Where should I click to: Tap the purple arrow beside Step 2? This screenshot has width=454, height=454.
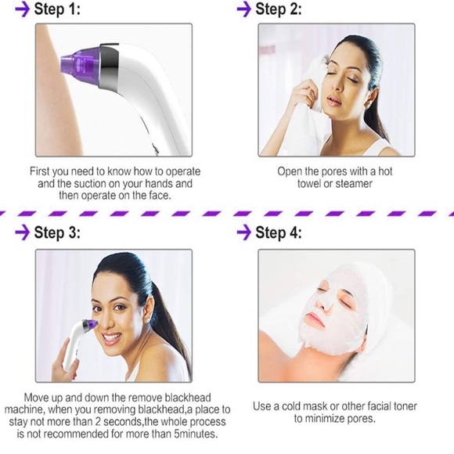pyautogui.click(x=243, y=10)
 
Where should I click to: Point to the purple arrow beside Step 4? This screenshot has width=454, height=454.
pyautogui.click(x=243, y=232)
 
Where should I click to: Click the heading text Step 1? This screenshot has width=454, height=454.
pyautogui.click(x=59, y=10)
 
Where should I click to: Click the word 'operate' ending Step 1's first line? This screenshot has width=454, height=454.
pyautogui.click(x=179, y=171)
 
